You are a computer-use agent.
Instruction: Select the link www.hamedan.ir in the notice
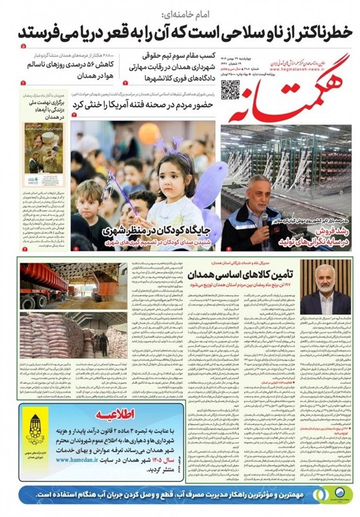point(81,459)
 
